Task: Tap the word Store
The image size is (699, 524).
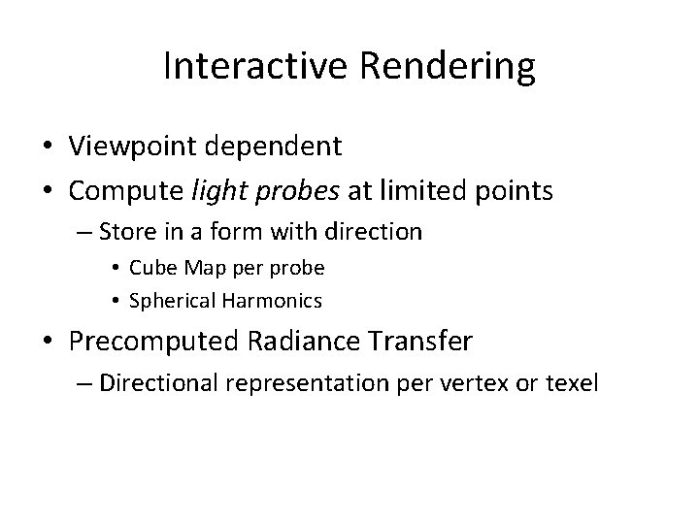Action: point(124,233)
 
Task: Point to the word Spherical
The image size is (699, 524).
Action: point(166,301)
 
